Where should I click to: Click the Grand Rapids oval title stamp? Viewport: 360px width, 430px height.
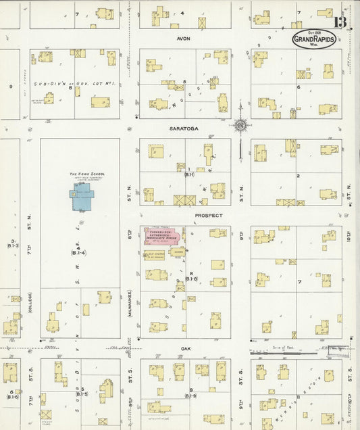click(313, 39)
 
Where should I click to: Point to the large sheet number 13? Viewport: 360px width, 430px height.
click(340, 22)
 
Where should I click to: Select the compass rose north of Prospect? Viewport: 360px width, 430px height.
click(240, 125)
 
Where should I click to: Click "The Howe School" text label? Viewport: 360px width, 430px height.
click(84, 174)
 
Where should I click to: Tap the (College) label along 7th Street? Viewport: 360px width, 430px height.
click(30, 302)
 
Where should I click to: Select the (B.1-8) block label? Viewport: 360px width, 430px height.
click(191, 279)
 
